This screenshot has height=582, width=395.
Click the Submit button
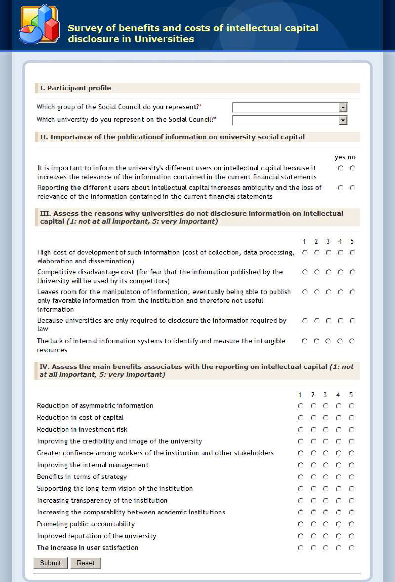click(50, 563)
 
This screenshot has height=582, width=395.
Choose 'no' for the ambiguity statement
click(352, 188)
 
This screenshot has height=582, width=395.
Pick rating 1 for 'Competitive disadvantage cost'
click(305, 272)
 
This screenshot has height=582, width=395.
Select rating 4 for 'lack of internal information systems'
click(340, 341)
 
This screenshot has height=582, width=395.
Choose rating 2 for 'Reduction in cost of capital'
click(313, 418)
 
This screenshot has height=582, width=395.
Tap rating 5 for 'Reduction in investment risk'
click(351, 430)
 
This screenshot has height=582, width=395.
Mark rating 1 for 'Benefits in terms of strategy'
click(300, 477)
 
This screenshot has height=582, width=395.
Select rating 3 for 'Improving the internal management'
click(326, 465)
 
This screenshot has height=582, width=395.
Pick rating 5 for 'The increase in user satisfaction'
click(351, 548)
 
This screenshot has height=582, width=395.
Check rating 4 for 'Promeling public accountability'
click(338, 524)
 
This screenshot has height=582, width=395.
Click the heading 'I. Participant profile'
click(75, 88)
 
